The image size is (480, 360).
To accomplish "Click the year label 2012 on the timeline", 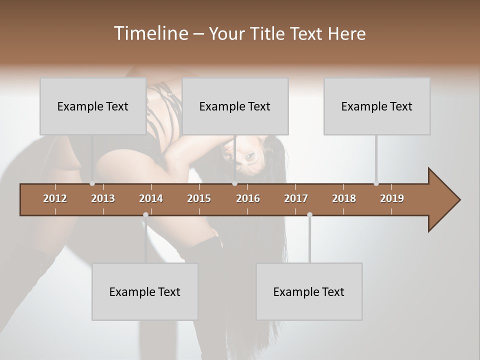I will tap(55, 198).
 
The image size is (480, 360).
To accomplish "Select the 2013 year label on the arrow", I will tap(103, 198).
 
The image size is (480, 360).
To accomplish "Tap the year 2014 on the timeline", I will tap(151, 198).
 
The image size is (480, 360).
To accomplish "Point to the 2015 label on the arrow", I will tap(199, 198).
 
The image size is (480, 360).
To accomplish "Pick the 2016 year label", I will tap(248, 198).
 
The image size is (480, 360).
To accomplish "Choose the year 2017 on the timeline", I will tap(296, 198).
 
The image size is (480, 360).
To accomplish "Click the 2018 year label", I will tap(344, 198).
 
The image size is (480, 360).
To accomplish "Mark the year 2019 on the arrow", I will tap(392, 198).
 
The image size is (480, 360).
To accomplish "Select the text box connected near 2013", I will tap(93, 106).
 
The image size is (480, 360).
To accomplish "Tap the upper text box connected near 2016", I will tap(235, 106).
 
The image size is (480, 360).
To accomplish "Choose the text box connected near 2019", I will tap(377, 106).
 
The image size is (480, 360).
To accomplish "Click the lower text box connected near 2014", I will tap(145, 291).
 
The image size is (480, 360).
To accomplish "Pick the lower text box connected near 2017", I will tap(309, 291).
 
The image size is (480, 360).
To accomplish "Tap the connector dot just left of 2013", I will tap(92, 183).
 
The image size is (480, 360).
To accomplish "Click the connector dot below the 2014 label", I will tap(145, 215).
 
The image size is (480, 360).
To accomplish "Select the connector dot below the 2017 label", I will tap(309, 215).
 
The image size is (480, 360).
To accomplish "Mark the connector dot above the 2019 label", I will tap(376, 183).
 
